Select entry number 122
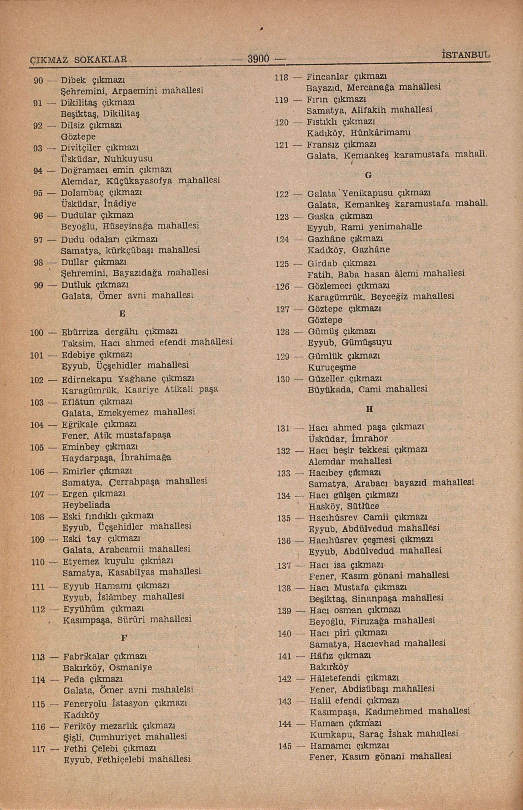click(x=282, y=194)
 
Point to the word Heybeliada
click(x=86, y=505)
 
